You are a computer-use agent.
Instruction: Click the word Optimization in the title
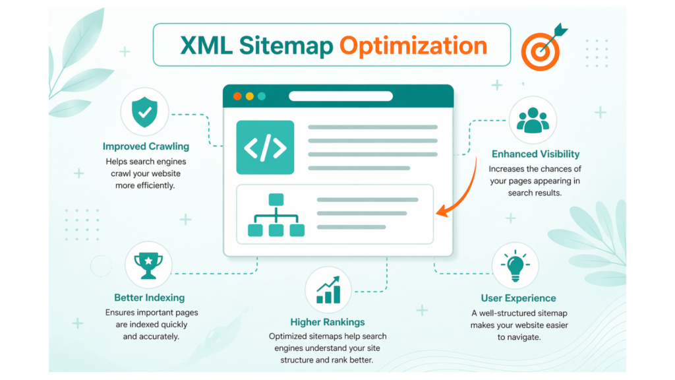point(413,46)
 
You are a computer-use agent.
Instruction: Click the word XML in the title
point(205,46)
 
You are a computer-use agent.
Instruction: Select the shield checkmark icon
point(145,112)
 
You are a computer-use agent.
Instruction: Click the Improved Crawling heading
point(146,146)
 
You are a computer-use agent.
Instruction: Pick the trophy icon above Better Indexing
point(148,265)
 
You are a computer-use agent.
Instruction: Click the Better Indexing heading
point(149,298)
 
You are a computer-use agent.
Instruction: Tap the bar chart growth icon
point(328,290)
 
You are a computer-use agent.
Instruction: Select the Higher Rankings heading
point(328,323)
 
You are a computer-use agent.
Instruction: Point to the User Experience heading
point(518,298)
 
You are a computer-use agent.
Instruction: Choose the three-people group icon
point(533,121)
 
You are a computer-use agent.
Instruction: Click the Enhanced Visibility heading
point(535,154)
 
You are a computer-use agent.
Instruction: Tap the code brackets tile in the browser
point(265,148)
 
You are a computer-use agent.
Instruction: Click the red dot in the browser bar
point(237,96)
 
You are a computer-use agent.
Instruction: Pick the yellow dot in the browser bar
point(250,96)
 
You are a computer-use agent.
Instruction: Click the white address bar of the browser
point(340,96)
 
